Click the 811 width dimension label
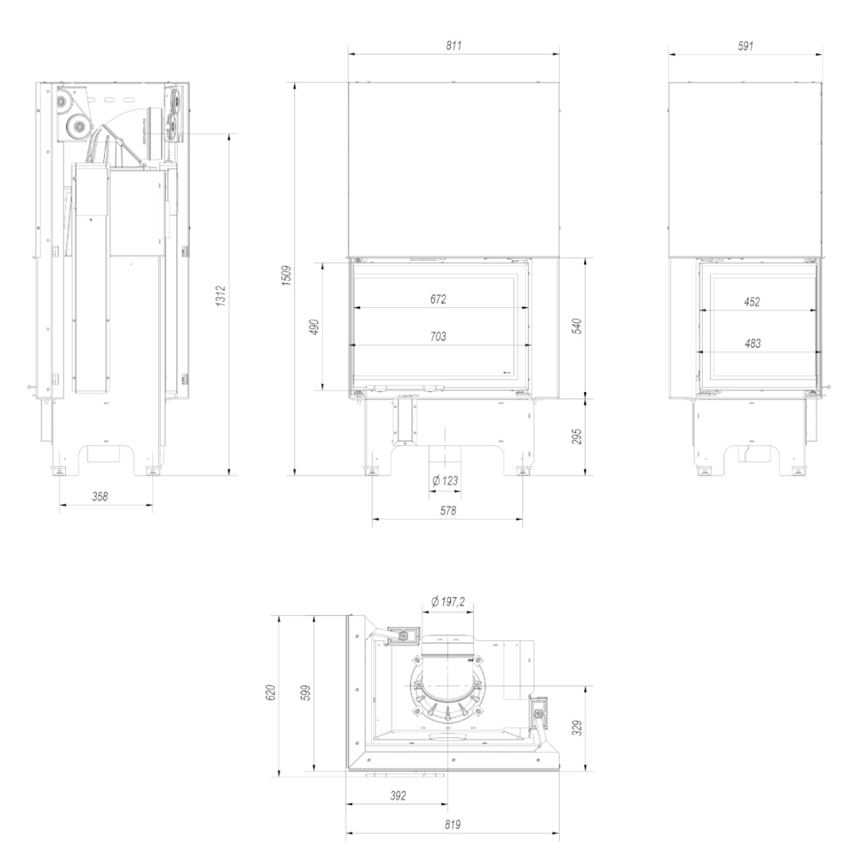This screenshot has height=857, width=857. pos(454,45)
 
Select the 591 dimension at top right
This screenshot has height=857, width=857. pos(745,45)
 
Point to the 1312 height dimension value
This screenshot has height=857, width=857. pos(221,297)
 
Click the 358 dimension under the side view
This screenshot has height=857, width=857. pos(100,496)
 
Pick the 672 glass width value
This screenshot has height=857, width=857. pos(438,299)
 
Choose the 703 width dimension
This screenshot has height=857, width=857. pos(438,336)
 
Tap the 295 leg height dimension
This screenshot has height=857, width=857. pos(577,436)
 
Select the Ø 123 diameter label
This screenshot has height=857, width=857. pos(445,481)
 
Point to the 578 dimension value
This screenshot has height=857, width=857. pos(448,510)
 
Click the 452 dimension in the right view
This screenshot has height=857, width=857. pos(752,302)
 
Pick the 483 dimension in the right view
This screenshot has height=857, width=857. pos(752,343)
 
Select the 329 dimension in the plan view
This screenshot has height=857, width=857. pos(577,729)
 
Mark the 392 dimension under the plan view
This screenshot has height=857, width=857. pos(398,795)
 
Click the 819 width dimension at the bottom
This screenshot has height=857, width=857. pos(452,825)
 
